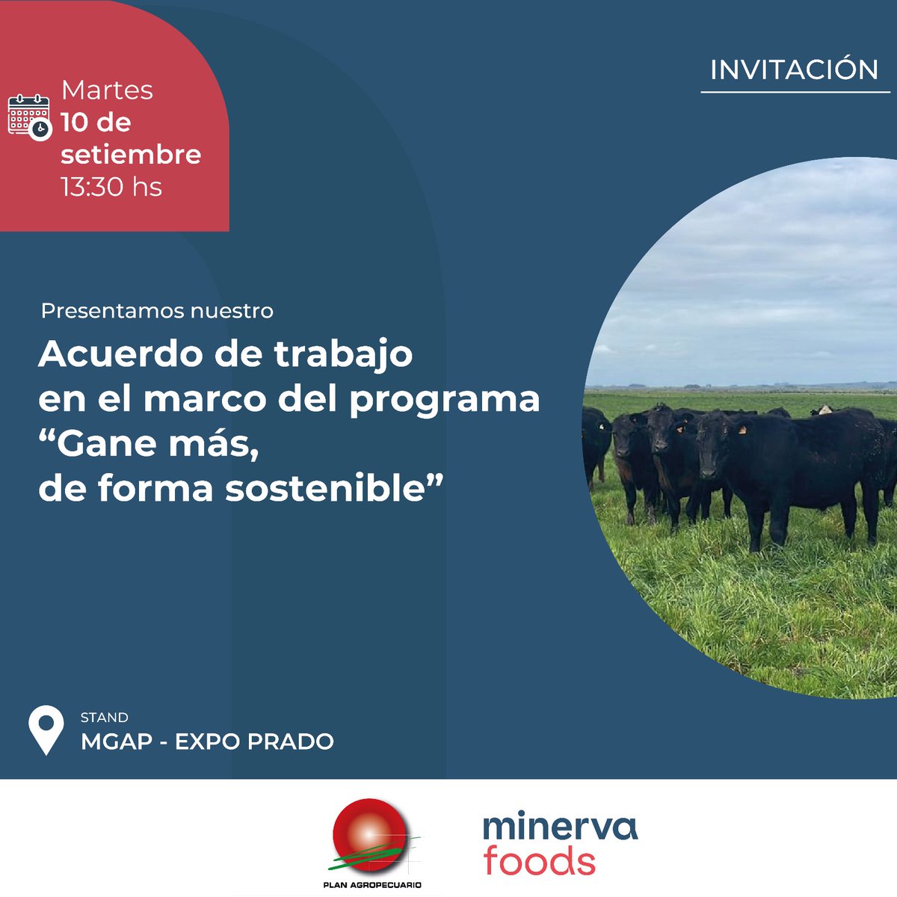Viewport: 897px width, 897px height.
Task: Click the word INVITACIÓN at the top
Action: [x=794, y=70]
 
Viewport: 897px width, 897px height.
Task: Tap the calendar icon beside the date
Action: [x=29, y=116]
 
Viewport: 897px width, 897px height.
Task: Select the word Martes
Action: [x=107, y=90]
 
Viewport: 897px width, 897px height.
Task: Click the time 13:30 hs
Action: [x=111, y=186]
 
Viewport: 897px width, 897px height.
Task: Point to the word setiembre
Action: [x=131, y=155]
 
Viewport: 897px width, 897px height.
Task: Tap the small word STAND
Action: [x=105, y=718]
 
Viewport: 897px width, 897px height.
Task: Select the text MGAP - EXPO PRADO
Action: [x=207, y=742]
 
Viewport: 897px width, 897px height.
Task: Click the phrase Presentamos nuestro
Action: [x=157, y=311]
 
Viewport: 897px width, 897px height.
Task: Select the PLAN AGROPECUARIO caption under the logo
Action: [x=372, y=885]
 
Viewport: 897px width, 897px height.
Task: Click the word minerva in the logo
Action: [x=560, y=826]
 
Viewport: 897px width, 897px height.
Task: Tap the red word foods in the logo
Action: [x=539, y=861]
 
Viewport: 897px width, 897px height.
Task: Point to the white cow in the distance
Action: [x=822, y=410]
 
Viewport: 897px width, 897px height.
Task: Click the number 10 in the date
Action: [x=75, y=123]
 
